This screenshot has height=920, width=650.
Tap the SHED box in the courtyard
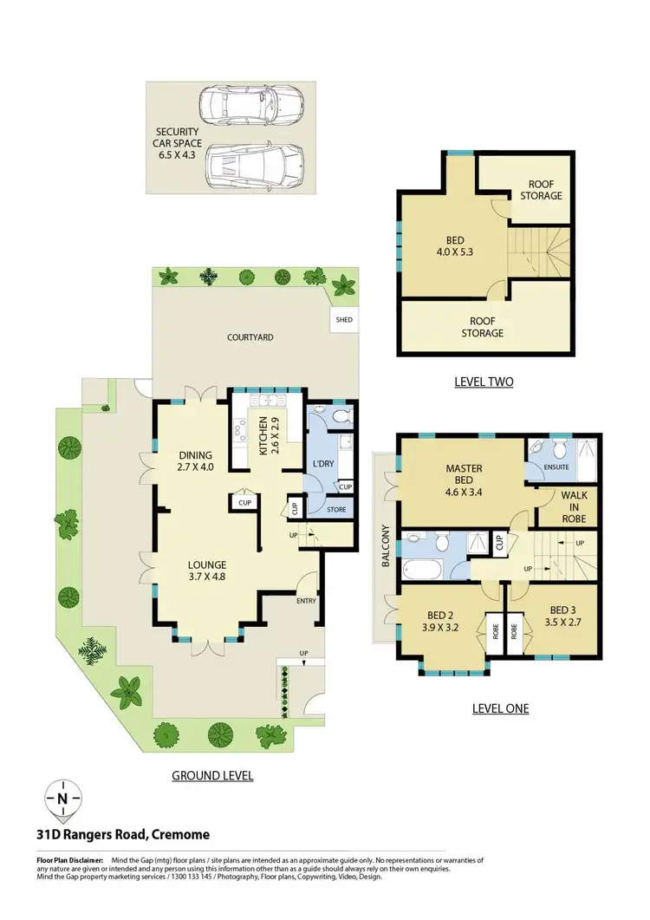[343, 320]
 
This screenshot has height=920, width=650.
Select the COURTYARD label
[250, 337]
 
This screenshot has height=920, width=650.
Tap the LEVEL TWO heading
[484, 381]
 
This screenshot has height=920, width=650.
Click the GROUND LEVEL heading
[212, 775]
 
